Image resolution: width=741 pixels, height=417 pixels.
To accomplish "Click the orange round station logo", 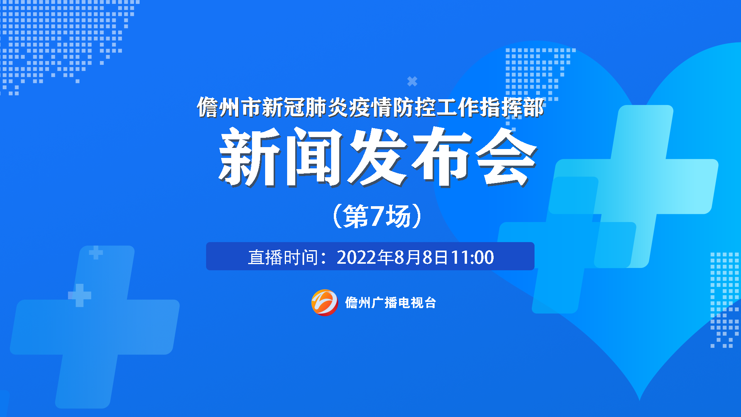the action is coord(325,302).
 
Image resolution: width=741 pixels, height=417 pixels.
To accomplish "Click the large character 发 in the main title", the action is coord(378,157).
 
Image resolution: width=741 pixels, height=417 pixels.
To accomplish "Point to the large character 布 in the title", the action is coord(442,157).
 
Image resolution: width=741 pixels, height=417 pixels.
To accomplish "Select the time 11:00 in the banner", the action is coord(472,257).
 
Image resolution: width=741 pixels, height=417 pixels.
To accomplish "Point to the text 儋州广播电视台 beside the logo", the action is coord(391,303).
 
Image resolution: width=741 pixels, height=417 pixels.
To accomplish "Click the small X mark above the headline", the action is coord(412,81).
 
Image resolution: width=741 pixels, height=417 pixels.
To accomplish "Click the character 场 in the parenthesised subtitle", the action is coord(398,216).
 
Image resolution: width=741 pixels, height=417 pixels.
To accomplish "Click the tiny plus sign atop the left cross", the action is coord(96,253).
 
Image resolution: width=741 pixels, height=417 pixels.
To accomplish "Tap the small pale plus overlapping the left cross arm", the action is coord(80,295).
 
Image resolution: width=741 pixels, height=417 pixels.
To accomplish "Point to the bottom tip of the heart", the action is coord(639,400).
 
